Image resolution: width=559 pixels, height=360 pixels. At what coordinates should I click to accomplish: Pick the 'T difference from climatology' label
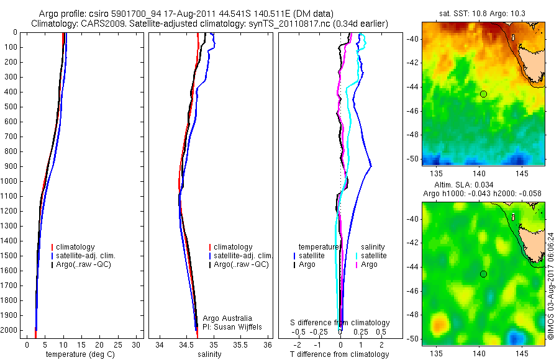pos(339,354)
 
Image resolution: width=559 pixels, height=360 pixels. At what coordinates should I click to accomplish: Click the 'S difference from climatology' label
pos(340,323)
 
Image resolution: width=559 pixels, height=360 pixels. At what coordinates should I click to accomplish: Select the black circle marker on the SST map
pos(483,94)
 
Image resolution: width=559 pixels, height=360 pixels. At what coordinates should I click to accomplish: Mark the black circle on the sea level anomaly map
pos(483,274)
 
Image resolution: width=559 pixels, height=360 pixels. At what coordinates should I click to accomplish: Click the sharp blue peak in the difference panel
pos(371,166)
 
